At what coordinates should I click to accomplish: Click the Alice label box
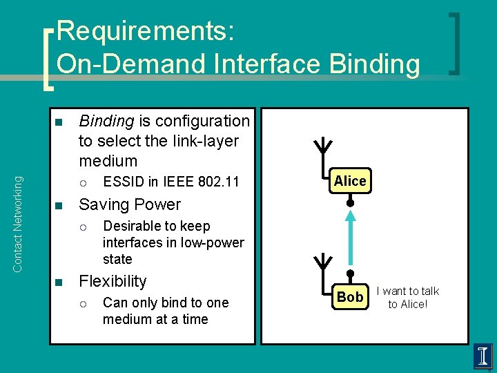[x=350, y=181]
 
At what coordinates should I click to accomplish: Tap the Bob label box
[x=349, y=297]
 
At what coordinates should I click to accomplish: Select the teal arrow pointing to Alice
[x=350, y=238]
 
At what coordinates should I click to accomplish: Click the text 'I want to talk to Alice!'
[x=407, y=298]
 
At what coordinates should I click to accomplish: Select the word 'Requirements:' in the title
[x=146, y=31]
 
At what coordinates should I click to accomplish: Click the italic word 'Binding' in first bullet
[x=106, y=121]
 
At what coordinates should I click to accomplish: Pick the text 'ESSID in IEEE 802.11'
[x=170, y=182]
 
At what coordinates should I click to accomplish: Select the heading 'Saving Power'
[x=130, y=204]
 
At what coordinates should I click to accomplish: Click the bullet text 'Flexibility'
[x=113, y=281]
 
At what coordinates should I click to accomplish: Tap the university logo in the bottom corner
[x=482, y=356]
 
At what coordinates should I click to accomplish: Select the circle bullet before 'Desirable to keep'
[x=82, y=227]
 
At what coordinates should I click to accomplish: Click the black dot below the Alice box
[x=350, y=204]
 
